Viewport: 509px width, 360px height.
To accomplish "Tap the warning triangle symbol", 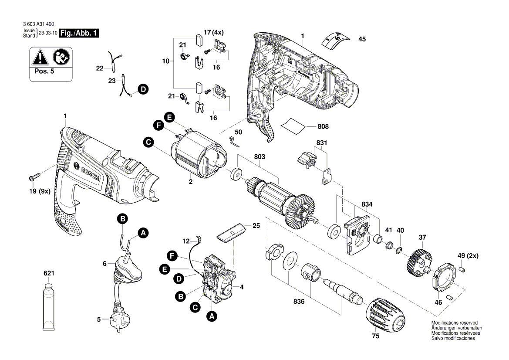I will click(x=40, y=57).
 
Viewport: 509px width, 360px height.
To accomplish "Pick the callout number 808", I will click(x=323, y=127).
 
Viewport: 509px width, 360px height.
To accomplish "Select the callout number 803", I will click(x=260, y=156).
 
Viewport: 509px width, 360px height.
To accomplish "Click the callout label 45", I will click(x=362, y=39).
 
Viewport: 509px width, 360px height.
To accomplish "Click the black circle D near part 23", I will click(x=142, y=89).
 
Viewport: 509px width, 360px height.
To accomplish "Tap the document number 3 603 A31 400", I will click(x=40, y=25).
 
